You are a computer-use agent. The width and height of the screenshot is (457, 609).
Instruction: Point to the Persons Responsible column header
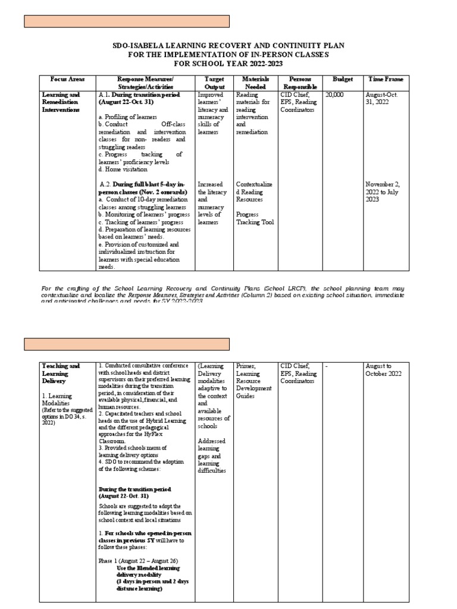(301, 82)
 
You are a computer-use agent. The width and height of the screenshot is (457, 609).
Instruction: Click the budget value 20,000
(335, 94)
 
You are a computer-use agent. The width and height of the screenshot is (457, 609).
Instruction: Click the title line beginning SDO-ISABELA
(229, 46)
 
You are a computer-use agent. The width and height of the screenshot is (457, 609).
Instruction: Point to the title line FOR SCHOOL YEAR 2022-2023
(228, 63)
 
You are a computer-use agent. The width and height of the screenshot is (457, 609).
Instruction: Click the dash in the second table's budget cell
(327, 366)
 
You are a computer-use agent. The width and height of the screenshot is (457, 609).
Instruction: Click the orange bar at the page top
(126, 21)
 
